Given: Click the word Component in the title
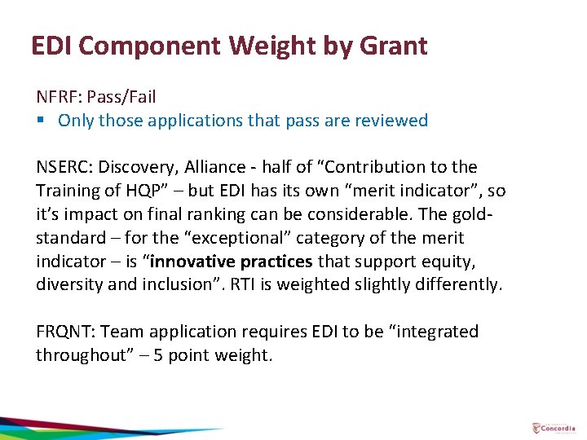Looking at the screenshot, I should pos(151,46).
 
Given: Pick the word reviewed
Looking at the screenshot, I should pos(389,121).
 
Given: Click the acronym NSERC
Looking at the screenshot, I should pos(62,167).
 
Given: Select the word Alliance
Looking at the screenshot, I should pos(212,167).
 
